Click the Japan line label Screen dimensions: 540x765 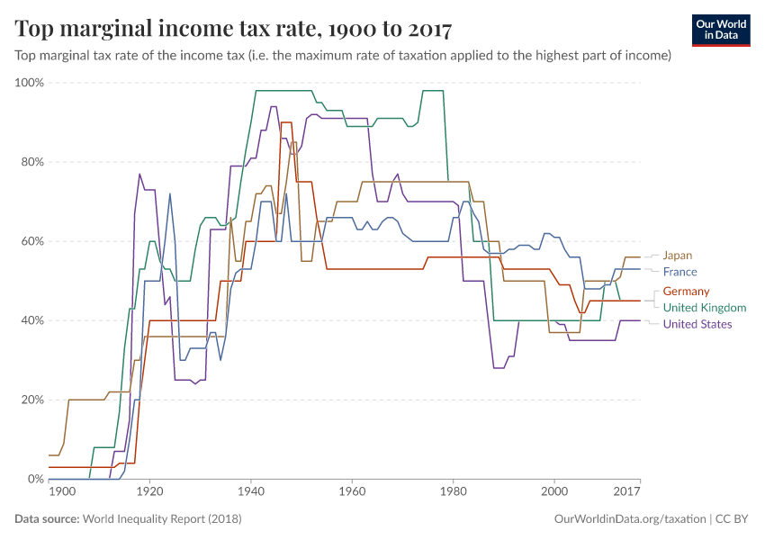point(678,256)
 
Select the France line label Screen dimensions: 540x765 point(679,272)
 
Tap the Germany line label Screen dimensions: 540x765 point(686,292)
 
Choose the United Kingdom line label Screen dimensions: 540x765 point(704,308)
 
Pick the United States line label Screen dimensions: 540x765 point(697,324)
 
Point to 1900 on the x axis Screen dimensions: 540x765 point(62,491)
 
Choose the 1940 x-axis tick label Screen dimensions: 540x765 point(250,491)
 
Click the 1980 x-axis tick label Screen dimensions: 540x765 point(453,491)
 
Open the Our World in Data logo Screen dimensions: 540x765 point(722,30)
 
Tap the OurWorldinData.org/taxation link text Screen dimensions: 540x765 point(629,519)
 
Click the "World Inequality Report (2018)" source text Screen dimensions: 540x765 point(162,519)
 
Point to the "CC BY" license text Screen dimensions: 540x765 point(733,519)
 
